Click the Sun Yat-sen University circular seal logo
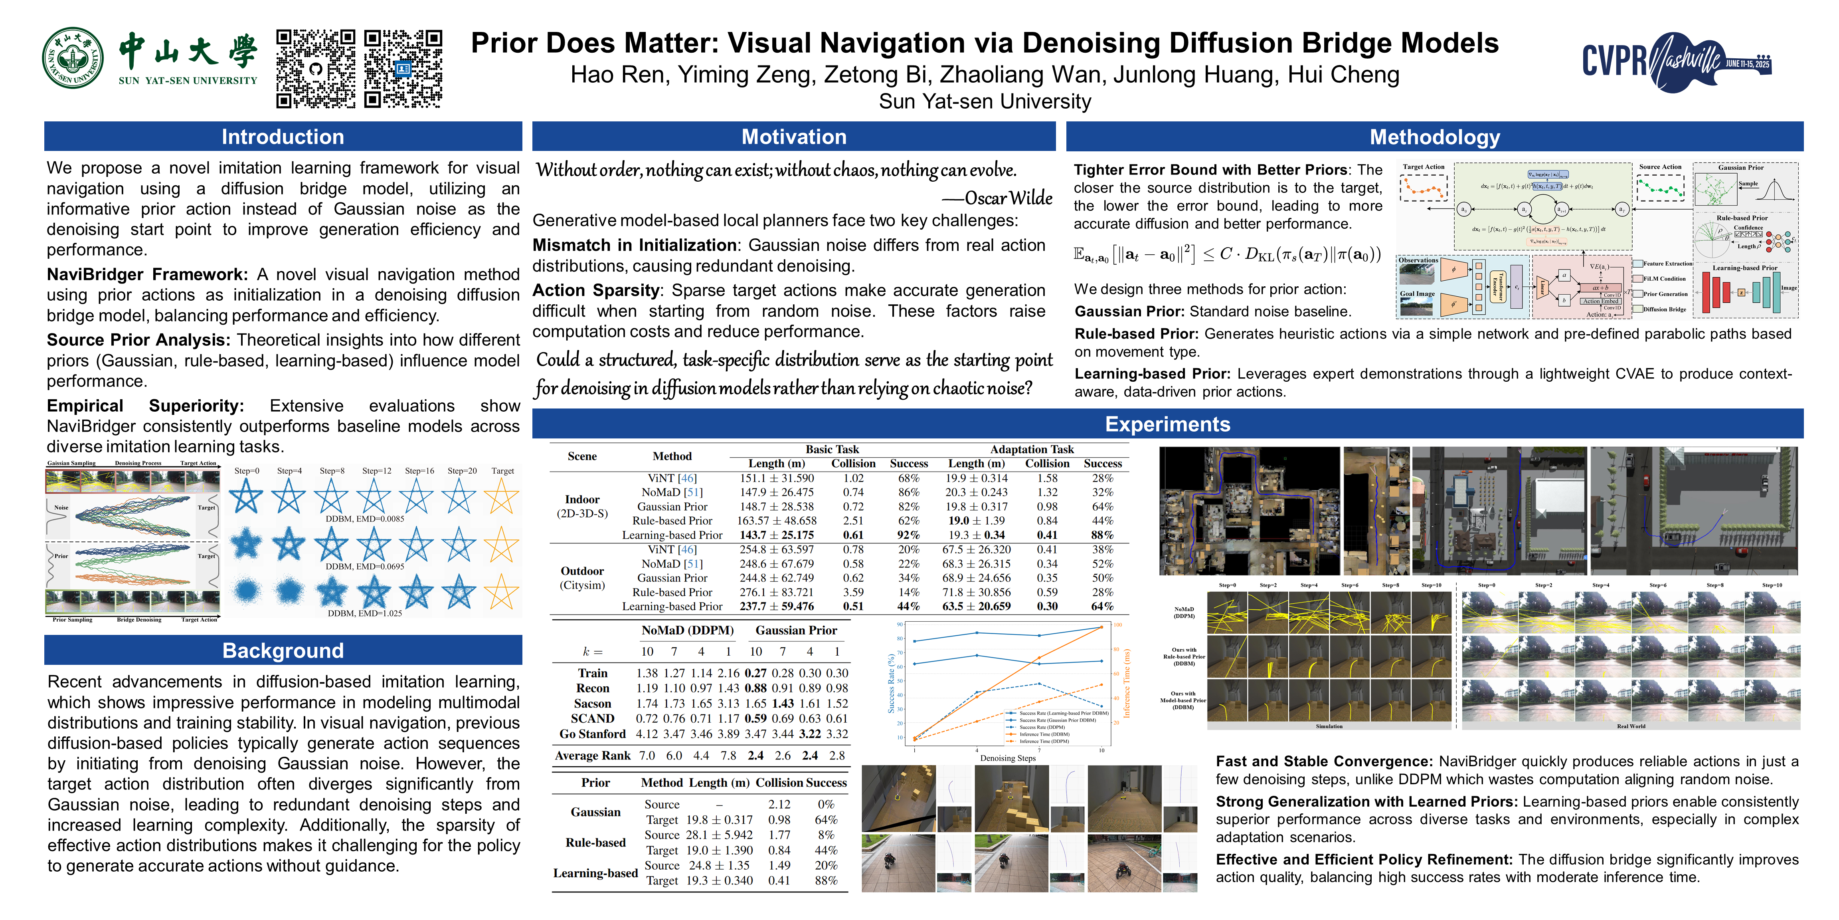click(x=73, y=59)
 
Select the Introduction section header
click(x=283, y=137)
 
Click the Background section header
click(x=283, y=650)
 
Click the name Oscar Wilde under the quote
click(x=1008, y=198)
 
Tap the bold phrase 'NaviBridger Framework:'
click(x=147, y=274)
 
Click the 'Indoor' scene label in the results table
click(x=582, y=499)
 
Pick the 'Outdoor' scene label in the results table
click(x=582, y=571)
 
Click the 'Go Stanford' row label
click(x=593, y=734)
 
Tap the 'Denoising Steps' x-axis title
click(x=1007, y=758)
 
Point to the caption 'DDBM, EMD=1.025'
click(x=364, y=613)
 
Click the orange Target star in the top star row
click(x=502, y=496)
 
